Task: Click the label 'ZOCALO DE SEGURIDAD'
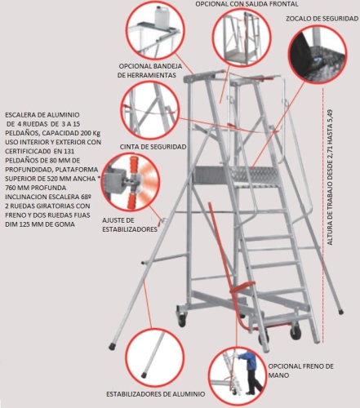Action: (x=322, y=19)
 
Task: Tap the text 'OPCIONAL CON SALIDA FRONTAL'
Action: (x=247, y=4)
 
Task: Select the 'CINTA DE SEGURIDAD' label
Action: (x=153, y=147)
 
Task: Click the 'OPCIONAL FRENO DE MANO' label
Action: (x=300, y=370)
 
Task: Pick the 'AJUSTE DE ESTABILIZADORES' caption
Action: (x=130, y=224)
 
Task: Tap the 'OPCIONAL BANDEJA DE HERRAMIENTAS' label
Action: (x=150, y=70)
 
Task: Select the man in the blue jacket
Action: (x=247, y=373)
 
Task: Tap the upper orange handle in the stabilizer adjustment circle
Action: (x=134, y=165)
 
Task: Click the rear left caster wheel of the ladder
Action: (x=181, y=317)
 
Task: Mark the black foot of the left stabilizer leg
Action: (x=112, y=347)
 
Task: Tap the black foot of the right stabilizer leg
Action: (x=341, y=312)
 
